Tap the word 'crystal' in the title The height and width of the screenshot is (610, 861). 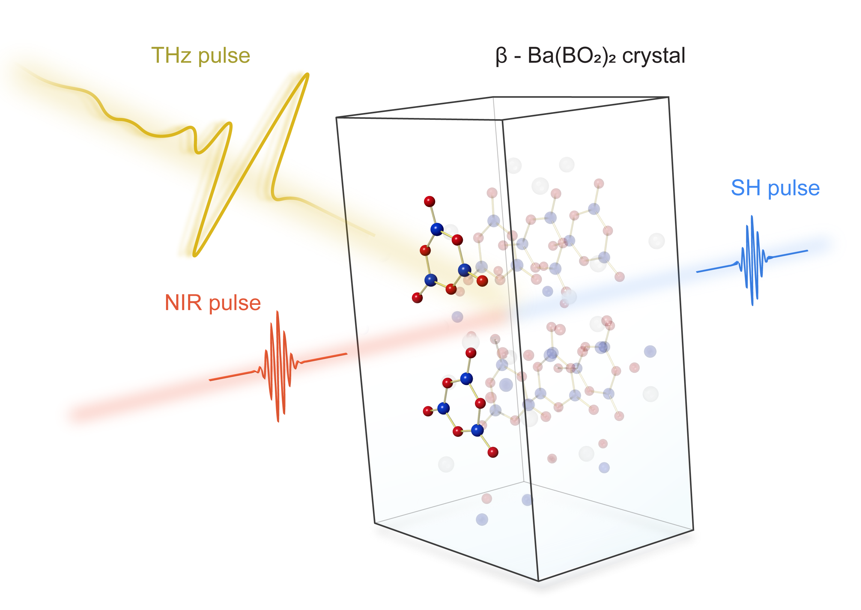654,56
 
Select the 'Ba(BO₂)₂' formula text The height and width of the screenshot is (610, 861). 571,56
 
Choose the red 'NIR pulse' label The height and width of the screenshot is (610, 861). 213,303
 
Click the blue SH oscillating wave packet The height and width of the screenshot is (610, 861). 752,260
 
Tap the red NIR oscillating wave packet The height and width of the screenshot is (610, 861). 278,367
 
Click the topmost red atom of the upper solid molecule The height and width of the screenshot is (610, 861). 429,201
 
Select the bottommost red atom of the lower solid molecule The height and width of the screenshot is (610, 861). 493,452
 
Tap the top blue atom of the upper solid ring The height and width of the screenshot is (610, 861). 437,229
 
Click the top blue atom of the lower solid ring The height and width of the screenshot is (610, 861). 467,378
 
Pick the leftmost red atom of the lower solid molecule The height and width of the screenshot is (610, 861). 428,411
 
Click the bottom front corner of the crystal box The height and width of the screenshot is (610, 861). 538,581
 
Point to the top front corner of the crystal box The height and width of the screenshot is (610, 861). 502,120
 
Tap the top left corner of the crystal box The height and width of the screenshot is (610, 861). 336,118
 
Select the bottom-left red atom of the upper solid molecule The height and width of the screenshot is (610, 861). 417,298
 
